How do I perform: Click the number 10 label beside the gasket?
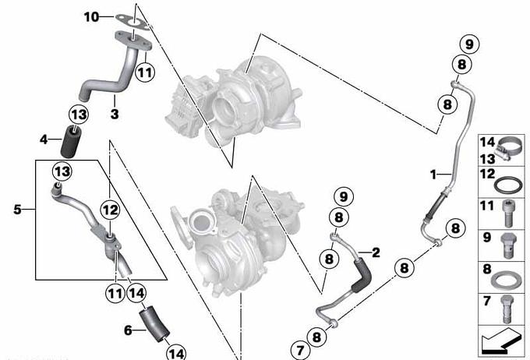[x=91, y=16]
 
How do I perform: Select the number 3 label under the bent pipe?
[x=115, y=114]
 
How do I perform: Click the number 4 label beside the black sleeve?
[x=44, y=139]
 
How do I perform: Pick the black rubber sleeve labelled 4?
[x=70, y=142]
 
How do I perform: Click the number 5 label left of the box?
[x=17, y=210]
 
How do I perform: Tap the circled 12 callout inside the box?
[x=110, y=210]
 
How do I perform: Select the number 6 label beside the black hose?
[x=128, y=330]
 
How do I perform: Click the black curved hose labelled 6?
[x=154, y=324]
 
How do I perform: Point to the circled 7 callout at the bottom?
[x=300, y=350]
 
